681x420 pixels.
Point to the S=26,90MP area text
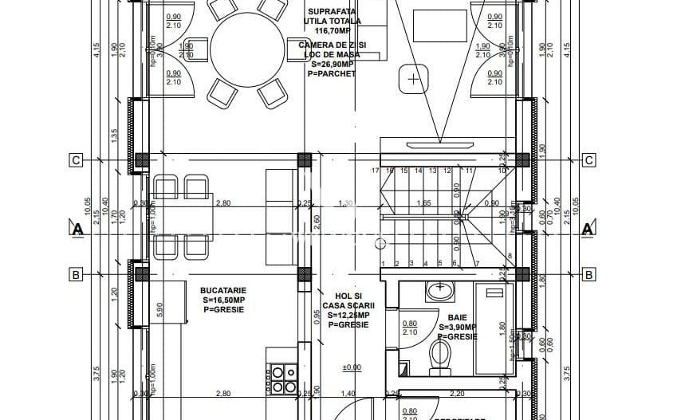[328, 65]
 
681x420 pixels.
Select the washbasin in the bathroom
[439, 292]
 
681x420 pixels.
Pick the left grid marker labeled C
[76, 160]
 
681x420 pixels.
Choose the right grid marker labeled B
[588, 275]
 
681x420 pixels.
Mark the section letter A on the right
[588, 230]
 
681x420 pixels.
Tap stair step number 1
[384, 264]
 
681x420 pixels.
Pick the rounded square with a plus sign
[413, 79]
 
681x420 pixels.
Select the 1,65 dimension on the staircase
[424, 204]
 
